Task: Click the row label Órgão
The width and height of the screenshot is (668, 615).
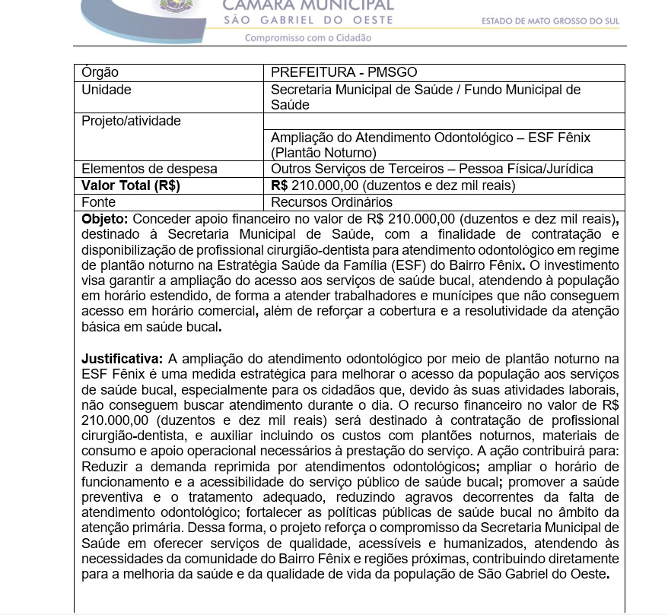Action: click(x=100, y=72)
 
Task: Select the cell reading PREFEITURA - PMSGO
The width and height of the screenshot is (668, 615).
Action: click(x=344, y=72)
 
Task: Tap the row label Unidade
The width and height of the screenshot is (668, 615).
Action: click(x=106, y=90)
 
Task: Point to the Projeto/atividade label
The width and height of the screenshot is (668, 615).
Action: click(x=131, y=121)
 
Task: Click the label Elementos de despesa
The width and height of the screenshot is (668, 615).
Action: click(x=149, y=169)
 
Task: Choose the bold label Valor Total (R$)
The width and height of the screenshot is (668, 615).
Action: click(x=130, y=185)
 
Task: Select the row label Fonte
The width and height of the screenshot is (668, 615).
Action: click(x=99, y=202)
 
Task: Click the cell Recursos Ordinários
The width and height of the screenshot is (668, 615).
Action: click(x=332, y=202)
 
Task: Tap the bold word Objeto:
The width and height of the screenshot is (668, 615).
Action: click(x=104, y=219)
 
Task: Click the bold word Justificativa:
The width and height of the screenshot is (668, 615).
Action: click(x=122, y=359)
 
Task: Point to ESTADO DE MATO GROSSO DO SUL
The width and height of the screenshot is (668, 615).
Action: click(x=550, y=21)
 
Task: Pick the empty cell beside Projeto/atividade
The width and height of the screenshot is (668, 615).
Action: click(x=444, y=121)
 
